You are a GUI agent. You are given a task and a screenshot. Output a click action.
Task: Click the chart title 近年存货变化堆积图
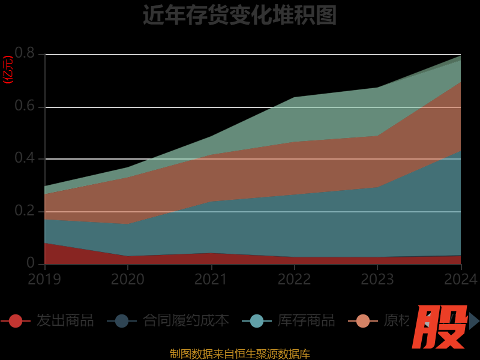coord(239,15)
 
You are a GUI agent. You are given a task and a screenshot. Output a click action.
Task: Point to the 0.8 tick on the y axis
coord(25,54)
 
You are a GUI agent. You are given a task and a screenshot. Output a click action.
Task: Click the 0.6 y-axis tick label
coord(25,107)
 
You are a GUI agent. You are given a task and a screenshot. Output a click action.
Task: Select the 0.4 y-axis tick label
coord(25,159)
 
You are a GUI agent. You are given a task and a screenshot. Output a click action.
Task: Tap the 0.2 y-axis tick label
coord(25,212)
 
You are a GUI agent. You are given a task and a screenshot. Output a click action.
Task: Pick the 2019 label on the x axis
coord(44,279)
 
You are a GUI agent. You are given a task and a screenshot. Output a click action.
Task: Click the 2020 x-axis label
coord(128,279)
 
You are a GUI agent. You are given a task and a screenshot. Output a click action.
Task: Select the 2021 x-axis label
coord(211,279)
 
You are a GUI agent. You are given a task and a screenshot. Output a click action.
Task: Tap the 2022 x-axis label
coord(295,279)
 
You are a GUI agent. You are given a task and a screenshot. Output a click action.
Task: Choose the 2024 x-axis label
coord(461,279)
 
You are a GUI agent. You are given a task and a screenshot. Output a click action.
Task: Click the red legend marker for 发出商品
coord(16,321)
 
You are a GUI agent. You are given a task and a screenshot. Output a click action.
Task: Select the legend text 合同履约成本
coord(186,320)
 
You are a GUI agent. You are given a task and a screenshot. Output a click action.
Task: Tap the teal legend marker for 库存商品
coord(257,321)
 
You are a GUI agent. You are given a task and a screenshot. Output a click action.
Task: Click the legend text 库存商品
coord(307,320)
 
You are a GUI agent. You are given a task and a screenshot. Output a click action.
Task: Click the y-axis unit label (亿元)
coord(8,70)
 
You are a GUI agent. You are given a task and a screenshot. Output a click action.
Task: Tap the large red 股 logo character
coord(441,327)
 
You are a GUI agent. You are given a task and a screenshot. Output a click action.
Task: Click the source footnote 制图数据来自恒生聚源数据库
coord(239,353)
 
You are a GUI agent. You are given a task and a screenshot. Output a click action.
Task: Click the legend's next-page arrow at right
coord(474,321)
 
